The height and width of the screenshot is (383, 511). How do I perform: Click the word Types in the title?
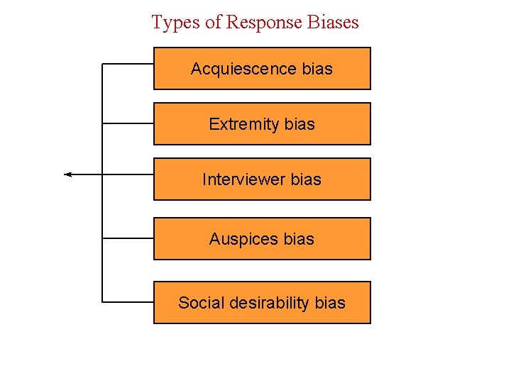(176, 23)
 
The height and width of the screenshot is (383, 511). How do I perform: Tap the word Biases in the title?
(334, 22)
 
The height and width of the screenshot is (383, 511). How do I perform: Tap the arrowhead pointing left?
(68, 174)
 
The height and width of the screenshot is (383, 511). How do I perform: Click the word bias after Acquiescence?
(317, 70)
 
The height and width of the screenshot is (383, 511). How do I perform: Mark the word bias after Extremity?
(300, 125)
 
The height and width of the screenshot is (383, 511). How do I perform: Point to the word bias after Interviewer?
(306, 180)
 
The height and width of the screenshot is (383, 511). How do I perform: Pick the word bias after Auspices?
(299, 240)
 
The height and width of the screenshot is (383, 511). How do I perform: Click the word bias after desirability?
(330, 304)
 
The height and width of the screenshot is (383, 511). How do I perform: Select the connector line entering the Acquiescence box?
(128, 64)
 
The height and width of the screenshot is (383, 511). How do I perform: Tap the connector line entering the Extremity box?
(128, 123)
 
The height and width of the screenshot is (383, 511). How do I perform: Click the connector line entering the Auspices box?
(128, 238)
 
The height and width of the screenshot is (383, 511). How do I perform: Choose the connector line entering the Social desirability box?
(128, 302)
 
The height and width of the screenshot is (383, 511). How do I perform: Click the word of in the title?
(214, 23)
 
